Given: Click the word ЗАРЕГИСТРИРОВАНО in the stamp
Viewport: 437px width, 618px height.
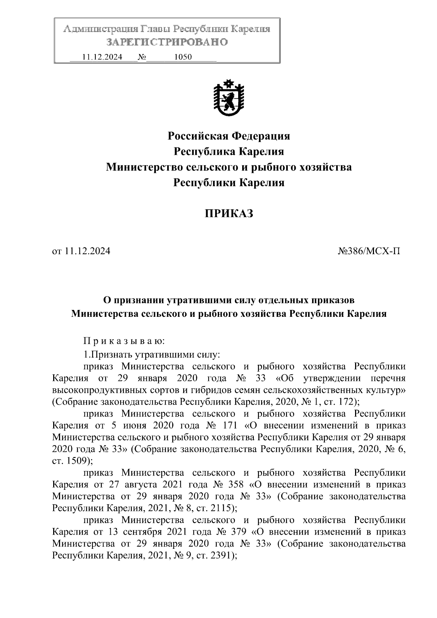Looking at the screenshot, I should (167, 42).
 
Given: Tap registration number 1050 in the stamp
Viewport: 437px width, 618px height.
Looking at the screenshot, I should (183, 57).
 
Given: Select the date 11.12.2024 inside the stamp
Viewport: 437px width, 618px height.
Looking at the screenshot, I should (102, 57).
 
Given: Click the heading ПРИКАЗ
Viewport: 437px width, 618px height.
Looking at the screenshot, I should (228, 213).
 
